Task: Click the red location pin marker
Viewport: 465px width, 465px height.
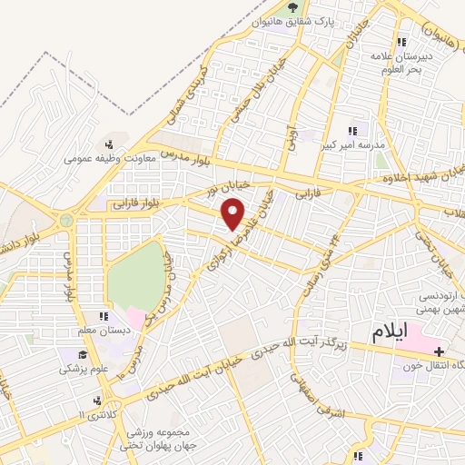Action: [x=233, y=215]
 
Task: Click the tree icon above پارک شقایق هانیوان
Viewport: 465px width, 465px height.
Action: [x=292, y=8]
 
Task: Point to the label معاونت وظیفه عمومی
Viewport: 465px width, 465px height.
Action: [x=110, y=157]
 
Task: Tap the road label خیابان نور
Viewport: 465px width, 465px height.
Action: [x=202, y=193]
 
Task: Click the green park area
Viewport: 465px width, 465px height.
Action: [x=136, y=272]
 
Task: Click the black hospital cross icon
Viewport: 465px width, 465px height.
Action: [x=440, y=351]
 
